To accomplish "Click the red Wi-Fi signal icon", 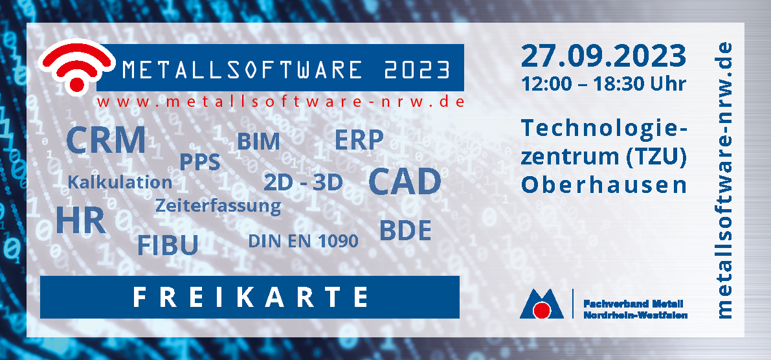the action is (76, 67).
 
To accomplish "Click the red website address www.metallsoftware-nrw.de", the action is (281, 102).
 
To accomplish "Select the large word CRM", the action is (106, 140).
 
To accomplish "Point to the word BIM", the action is (259, 142).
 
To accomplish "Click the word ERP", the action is (359, 140).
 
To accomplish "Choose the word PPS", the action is (199, 162).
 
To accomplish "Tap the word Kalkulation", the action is (120, 183).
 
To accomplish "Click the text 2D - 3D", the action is (303, 183).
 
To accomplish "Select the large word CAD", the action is (405, 181).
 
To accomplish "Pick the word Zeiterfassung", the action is (218, 205).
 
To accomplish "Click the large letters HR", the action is (81, 220).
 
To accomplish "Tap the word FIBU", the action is (168, 245).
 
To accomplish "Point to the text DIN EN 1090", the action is (303, 241).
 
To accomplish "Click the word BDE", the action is (405, 230).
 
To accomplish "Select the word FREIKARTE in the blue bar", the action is (251, 297).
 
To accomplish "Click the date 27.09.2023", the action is (603, 56).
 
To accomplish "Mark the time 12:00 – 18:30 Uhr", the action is (604, 84).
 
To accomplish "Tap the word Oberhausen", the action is (604, 185).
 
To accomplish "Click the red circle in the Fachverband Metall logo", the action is (542, 310).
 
